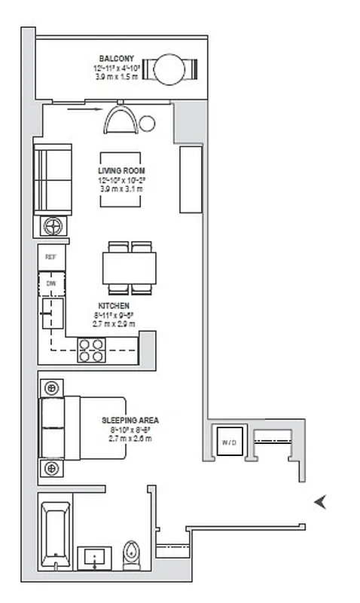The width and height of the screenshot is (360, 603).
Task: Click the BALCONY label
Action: [116, 58]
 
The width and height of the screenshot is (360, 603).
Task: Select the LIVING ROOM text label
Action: [122, 171]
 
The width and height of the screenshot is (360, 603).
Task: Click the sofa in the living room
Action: [53, 179]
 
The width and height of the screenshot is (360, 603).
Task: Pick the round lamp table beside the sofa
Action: [53, 225]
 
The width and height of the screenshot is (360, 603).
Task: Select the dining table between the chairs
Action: [130, 268]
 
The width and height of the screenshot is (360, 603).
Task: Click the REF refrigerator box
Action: [51, 257]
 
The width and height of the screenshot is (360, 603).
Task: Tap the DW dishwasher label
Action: [51, 283]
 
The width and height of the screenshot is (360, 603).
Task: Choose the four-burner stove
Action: [92, 350]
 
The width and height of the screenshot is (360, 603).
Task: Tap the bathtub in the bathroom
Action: [56, 535]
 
